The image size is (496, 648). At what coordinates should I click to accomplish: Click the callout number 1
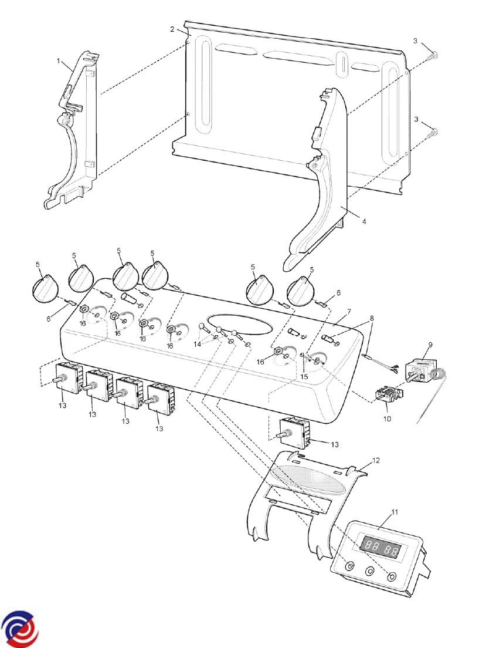59,61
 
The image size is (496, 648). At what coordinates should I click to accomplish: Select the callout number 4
363,222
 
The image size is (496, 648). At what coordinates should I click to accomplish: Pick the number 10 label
386,419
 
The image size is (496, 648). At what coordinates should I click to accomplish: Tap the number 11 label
395,512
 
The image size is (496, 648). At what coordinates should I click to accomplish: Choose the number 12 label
376,460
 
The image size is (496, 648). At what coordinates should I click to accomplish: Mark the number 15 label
303,376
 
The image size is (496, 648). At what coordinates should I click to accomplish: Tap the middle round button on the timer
370,571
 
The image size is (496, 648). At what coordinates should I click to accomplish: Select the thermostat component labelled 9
421,372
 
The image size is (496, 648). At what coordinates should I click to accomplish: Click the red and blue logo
21,627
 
